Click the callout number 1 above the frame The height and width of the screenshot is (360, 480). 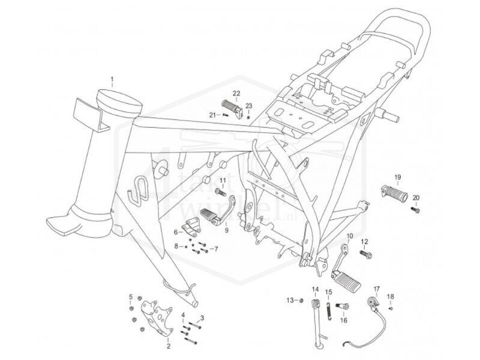[x=112, y=79]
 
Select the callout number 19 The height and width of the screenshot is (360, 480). [x=397, y=177]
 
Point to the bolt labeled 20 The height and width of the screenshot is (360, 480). [x=416, y=209]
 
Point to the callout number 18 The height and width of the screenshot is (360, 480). [x=391, y=296]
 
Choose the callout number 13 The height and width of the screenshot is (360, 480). [x=289, y=299]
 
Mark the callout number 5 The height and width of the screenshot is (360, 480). [x=130, y=296]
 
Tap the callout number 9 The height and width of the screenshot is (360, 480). [x=227, y=230]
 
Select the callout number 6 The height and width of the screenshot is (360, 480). [x=177, y=231]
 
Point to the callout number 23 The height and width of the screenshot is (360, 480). [x=249, y=106]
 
